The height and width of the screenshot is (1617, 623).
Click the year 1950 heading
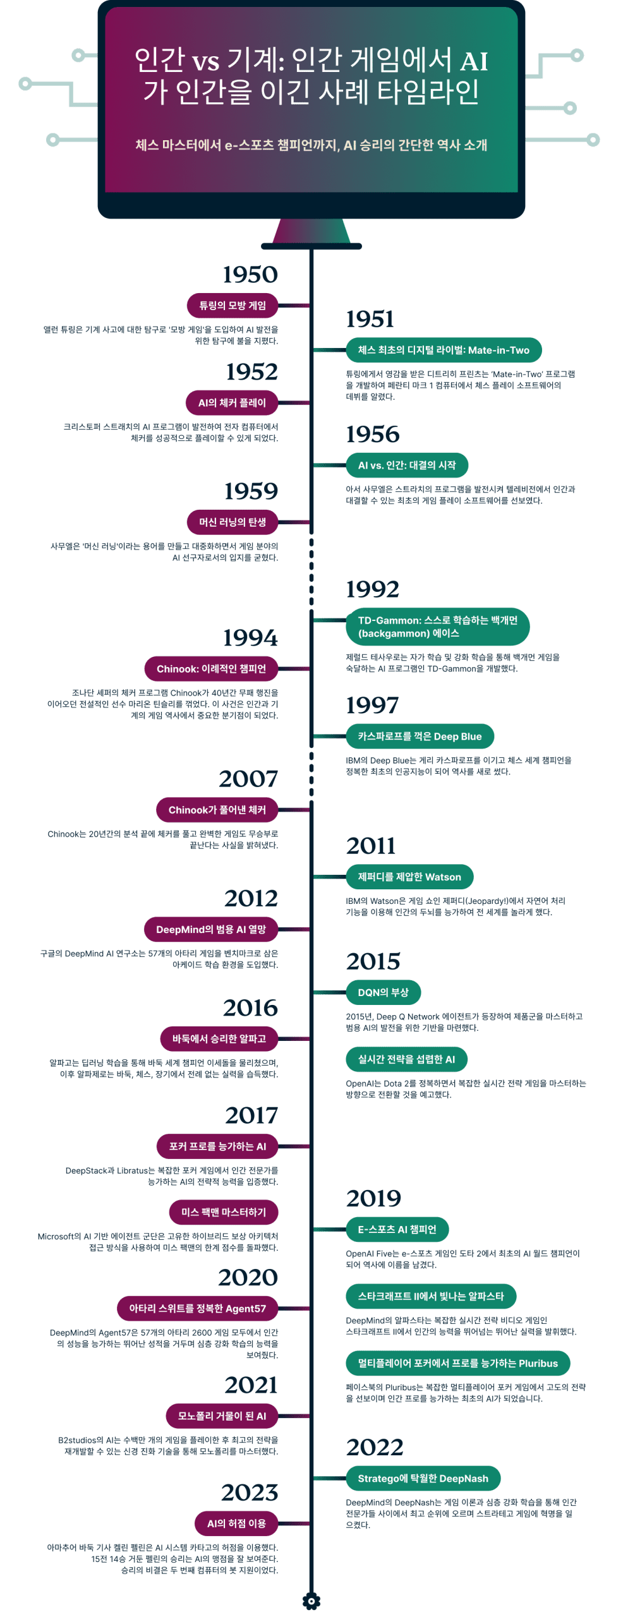pyautogui.click(x=250, y=275)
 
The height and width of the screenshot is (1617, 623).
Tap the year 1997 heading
pyautogui.click(x=372, y=706)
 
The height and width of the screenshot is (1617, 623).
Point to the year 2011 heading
pyautogui.click(x=371, y=846)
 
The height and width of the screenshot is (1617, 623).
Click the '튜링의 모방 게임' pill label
pyautogui.click(x=233, y=306)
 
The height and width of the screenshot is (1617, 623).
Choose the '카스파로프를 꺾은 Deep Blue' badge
pyautogui.click(x=420, y=736)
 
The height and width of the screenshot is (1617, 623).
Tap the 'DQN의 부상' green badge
pyautogui.click(x=383, y=992)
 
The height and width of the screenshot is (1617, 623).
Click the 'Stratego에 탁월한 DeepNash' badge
pyautogui.click(x=423, y=1479)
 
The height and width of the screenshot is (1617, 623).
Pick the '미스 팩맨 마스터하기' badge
pyautogui.click(x=224, y=1212)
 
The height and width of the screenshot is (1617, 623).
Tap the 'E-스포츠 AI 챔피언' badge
pyautogui.click(x=397, y=1229)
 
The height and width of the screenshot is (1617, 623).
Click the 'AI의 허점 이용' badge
pyautogui.click(x=236, y=1524)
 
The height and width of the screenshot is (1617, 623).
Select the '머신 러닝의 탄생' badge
pyautogui.click(x=233, y=522)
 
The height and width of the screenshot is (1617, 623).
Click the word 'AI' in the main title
pyautogui.click(x=474, y=61)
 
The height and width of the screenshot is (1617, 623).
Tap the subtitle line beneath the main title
pyautogui.click(x=311, y=145)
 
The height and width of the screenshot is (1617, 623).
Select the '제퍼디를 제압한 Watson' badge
pyautogui.click(x=409, y=877)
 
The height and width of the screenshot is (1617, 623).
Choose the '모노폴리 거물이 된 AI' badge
pyautogui.click(x=222, y=1416)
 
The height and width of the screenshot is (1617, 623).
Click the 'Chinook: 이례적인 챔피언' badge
pyautogui.click(x=211, y=669)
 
